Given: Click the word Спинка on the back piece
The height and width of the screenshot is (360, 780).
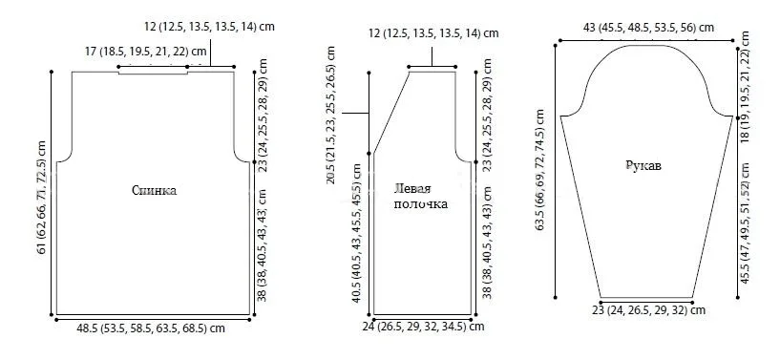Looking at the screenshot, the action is pos(155,190).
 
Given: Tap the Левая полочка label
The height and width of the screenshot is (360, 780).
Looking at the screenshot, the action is pos(420,197).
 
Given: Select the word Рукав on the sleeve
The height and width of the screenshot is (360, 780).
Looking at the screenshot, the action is pos(643,165).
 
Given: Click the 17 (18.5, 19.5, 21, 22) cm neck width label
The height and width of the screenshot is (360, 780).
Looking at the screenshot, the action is pos(146,51).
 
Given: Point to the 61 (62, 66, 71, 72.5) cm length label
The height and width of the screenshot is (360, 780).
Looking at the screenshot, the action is pos(42,197).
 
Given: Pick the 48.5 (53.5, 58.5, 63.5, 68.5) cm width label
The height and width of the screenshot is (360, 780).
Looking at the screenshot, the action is pos(151,328).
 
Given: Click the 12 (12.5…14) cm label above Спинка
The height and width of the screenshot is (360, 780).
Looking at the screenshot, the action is pos(209,27).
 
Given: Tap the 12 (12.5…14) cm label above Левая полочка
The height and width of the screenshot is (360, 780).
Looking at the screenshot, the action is pos(433,33).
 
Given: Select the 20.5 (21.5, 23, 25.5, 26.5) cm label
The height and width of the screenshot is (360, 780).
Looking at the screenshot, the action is pos(330,115).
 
